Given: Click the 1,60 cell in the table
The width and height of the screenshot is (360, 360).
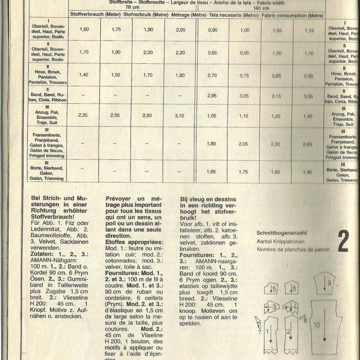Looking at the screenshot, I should (x=84, y=30).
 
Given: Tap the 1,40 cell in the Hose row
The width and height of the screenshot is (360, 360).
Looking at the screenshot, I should (x=84, y=75).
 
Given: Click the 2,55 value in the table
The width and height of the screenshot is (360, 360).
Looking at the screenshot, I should (x=115, y=115).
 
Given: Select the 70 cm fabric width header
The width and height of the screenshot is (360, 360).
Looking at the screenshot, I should (x=132, y=8).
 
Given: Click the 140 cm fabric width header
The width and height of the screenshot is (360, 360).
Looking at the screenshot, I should (x=261, y=8).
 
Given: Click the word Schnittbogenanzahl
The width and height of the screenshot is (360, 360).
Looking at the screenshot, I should (x=281, y=233).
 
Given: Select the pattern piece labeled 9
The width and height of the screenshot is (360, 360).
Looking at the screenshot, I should (x=328, y=283).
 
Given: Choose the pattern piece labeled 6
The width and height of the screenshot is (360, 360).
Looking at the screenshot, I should (x=293, y=288).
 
